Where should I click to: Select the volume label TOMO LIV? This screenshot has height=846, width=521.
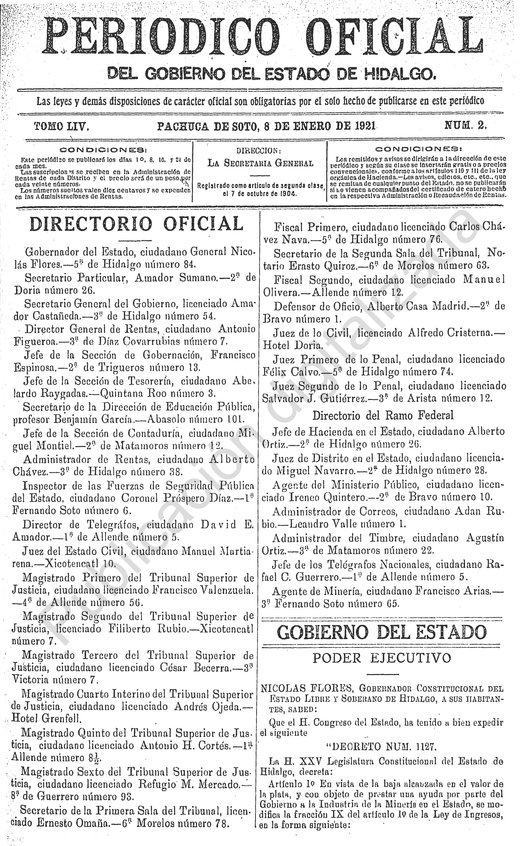pyautogui.click(x=62, y=127)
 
